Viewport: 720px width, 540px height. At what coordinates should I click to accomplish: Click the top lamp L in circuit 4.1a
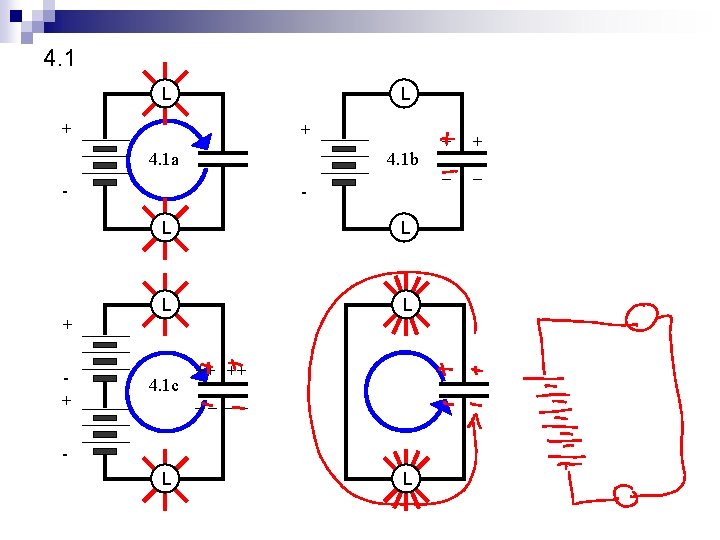click(164, 94)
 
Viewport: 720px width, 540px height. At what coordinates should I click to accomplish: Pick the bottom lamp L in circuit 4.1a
click(164, 227)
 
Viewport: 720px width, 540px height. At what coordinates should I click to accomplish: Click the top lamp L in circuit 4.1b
click(403, 94)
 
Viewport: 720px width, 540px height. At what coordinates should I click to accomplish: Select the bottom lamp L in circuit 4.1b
click(403, 227)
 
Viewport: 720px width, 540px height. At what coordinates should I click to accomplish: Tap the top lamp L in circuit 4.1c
click(164, 303)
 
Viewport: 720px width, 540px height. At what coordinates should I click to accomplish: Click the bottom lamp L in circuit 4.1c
click(164, 479)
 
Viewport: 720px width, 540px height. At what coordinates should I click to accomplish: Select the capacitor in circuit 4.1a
click(223, 157)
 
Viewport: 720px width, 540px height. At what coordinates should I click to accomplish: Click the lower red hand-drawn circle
click(625, 496)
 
